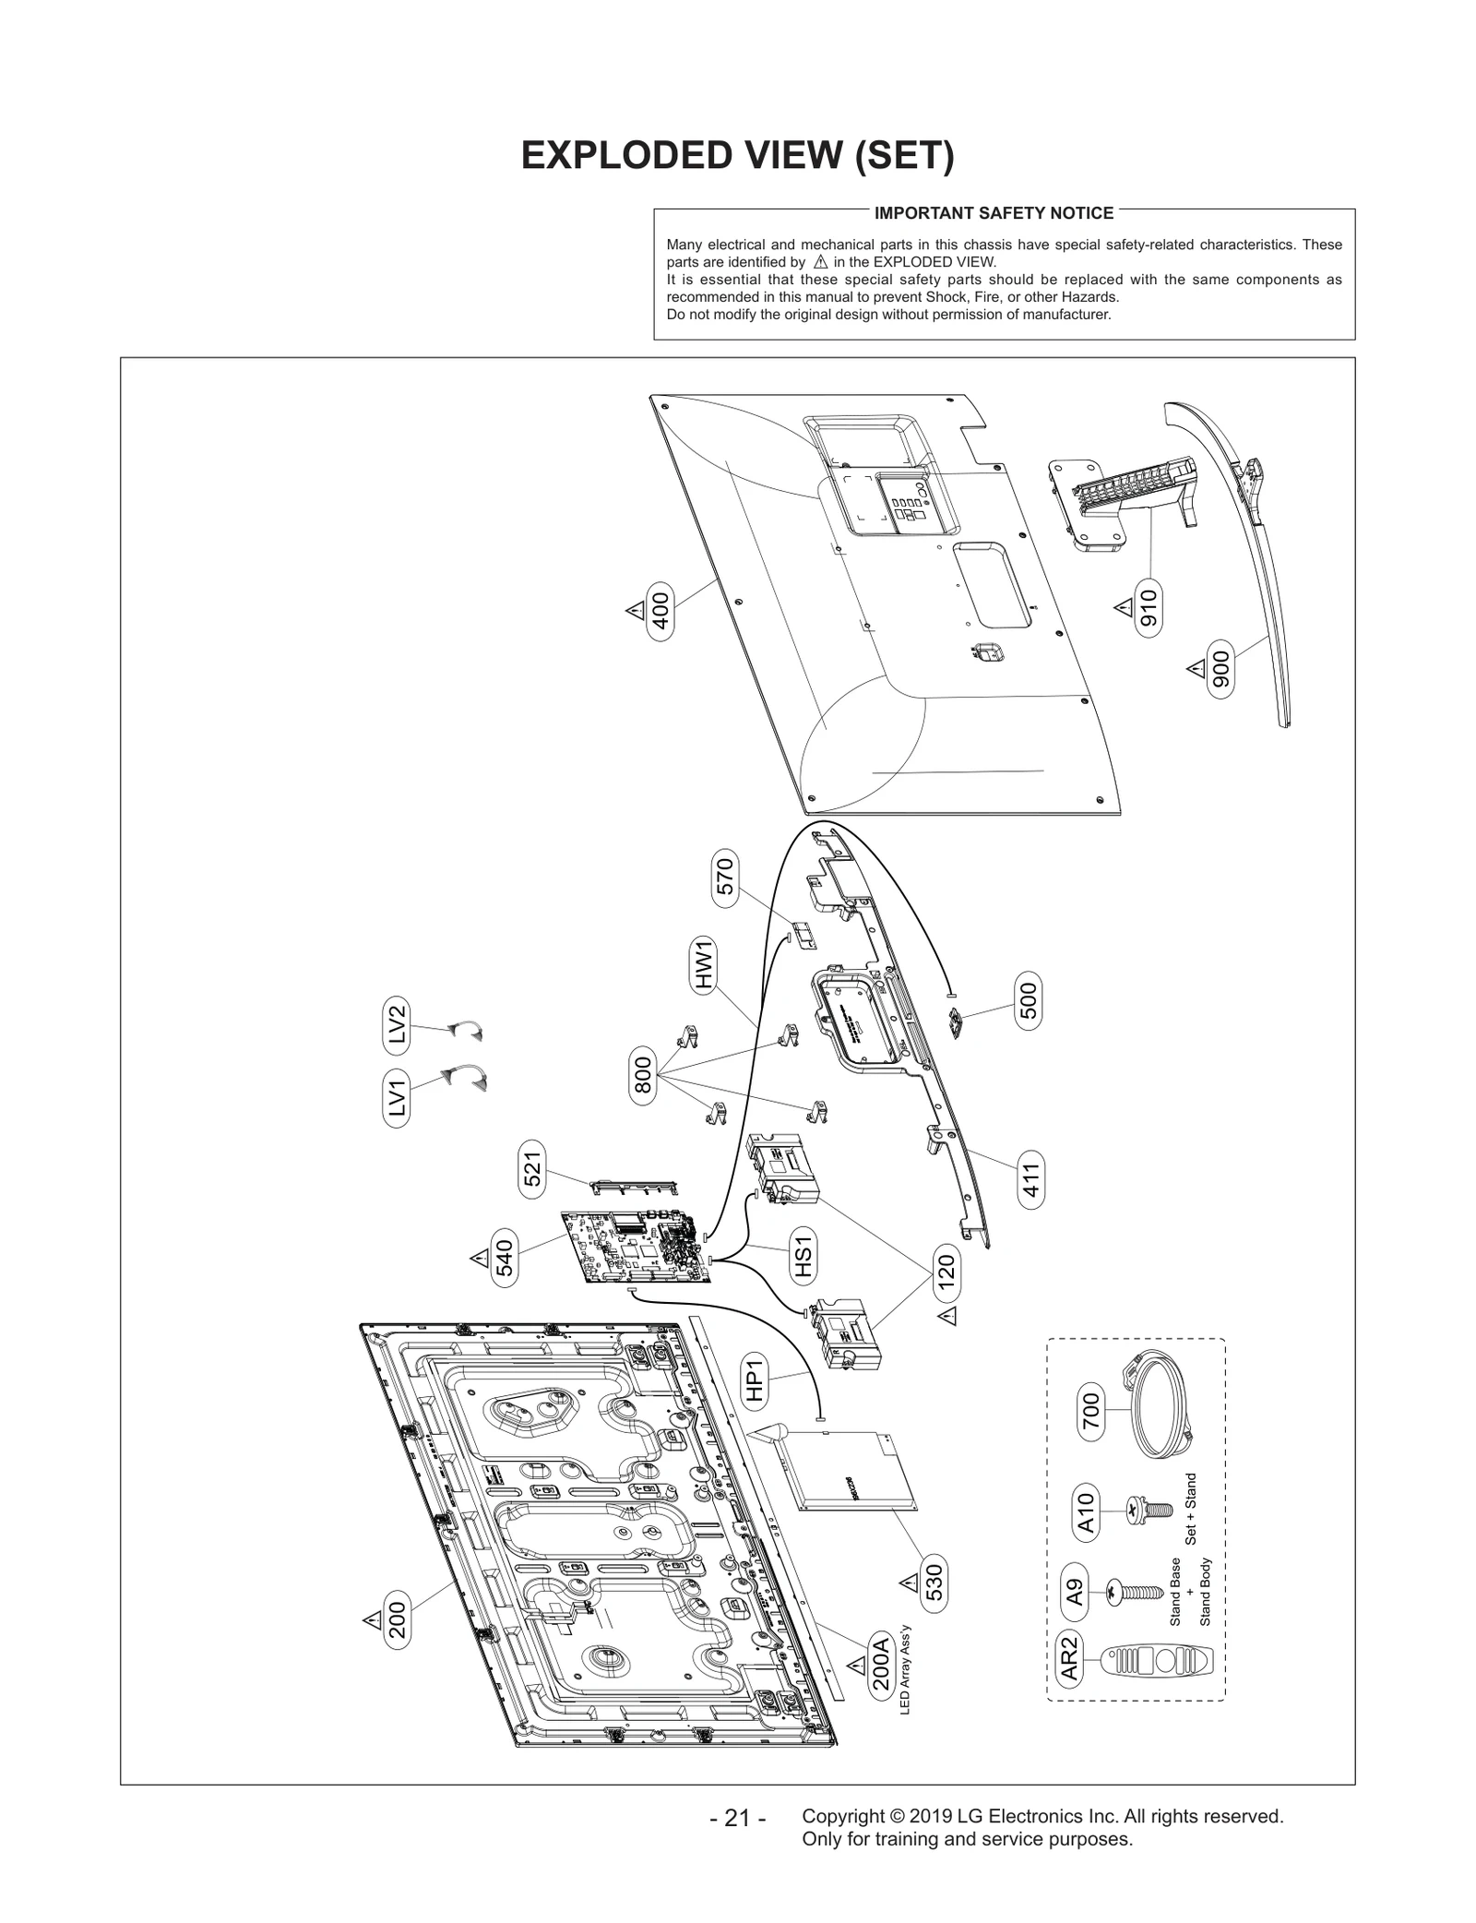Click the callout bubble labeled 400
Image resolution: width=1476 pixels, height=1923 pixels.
(661, 610)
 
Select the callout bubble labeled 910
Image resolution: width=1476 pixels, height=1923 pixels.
(1149, 608)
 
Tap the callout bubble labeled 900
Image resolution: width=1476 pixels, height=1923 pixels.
(1220, 669)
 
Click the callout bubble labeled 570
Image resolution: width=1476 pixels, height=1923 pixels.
(725, 876)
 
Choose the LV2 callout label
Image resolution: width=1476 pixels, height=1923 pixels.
(397, 1024)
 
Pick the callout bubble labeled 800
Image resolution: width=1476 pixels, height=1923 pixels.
(643, 1075)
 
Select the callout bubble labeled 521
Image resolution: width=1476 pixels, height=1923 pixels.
(532, 1170)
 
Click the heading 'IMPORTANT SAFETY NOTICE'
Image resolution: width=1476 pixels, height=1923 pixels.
(994, 213)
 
